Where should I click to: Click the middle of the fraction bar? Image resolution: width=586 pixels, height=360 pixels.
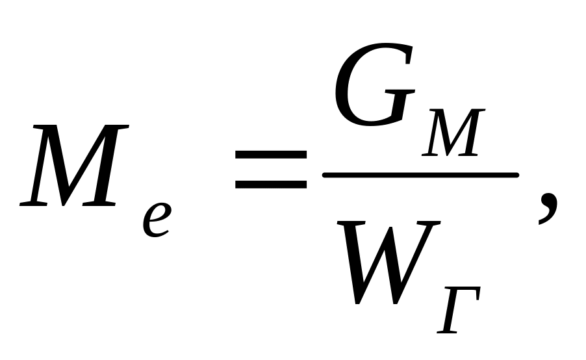420,175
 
